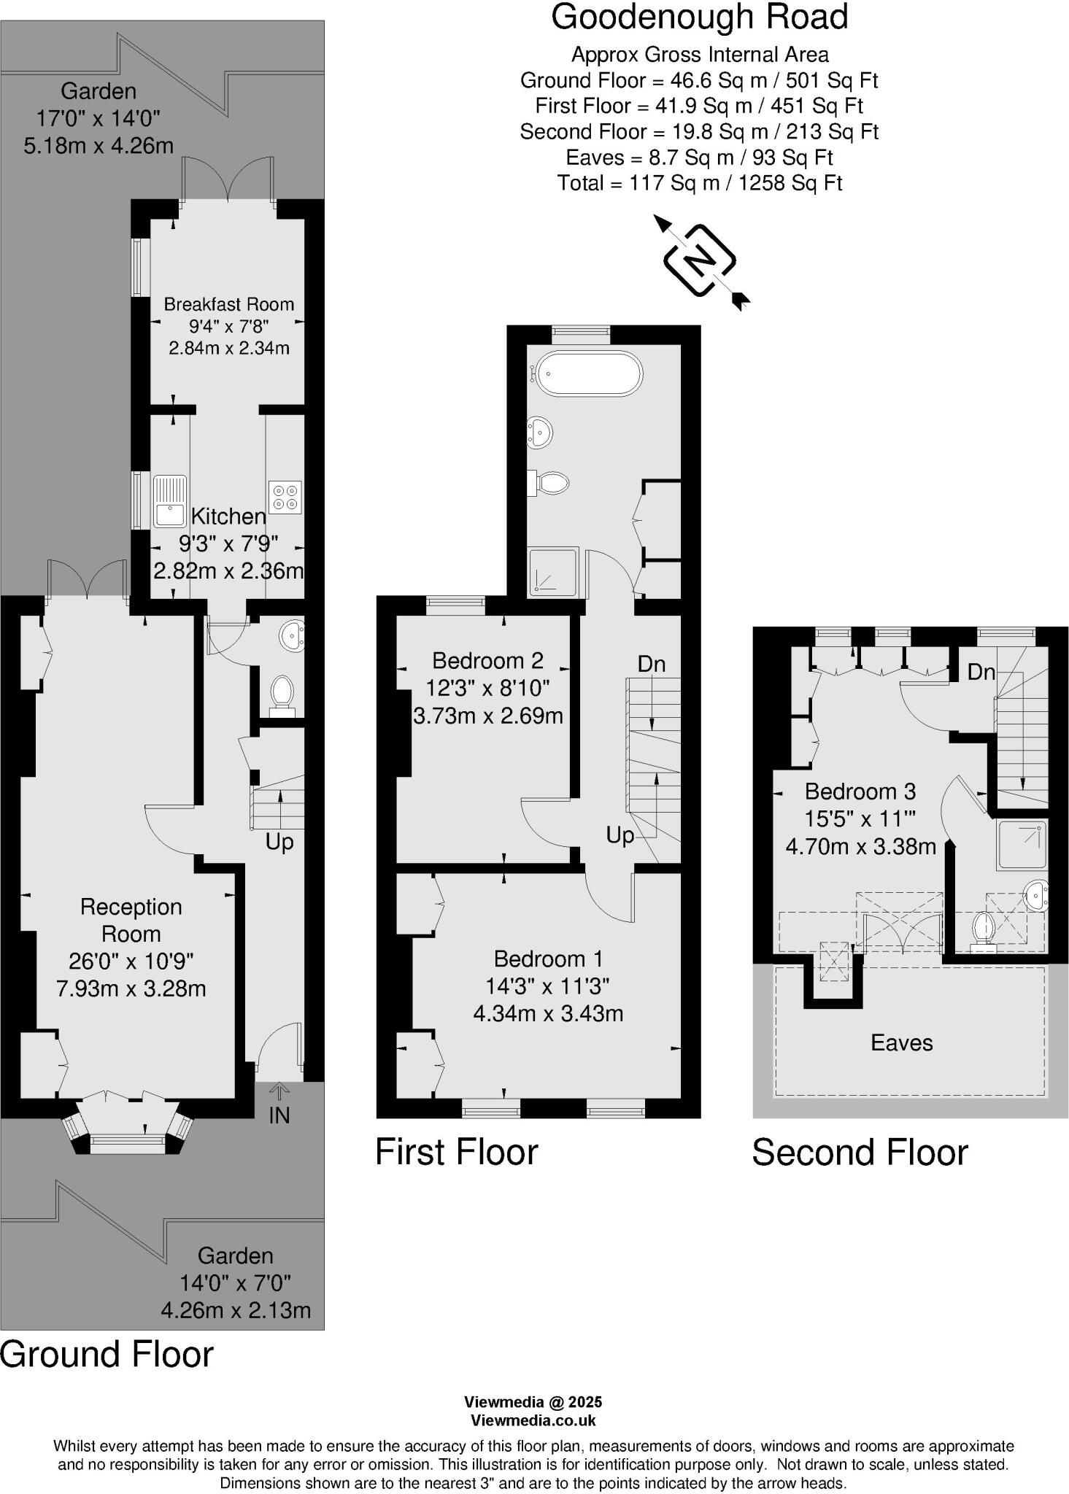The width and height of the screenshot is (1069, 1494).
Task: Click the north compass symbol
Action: pos(700,260)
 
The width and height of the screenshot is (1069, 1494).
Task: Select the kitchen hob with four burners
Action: pos(285,497)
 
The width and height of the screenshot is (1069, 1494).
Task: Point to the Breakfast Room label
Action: pos(228,304)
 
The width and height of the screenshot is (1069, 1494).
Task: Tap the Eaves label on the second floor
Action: pos(901,1042)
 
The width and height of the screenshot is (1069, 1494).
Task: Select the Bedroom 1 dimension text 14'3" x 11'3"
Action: pos(547,986)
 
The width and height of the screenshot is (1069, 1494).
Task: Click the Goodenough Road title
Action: pos(699,18)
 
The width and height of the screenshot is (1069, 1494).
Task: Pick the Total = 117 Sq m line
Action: pos(699,182)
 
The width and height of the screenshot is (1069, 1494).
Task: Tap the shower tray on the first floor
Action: pos(553,571)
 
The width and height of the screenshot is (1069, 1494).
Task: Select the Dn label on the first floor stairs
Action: pos(651,664)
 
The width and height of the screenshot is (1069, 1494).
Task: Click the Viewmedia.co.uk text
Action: pos(533,1420)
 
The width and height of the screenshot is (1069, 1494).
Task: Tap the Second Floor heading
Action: pos(860,1153)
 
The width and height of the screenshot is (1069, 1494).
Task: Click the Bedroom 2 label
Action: pos(487,660)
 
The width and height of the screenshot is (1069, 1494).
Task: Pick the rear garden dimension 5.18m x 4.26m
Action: pos(99,145)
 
